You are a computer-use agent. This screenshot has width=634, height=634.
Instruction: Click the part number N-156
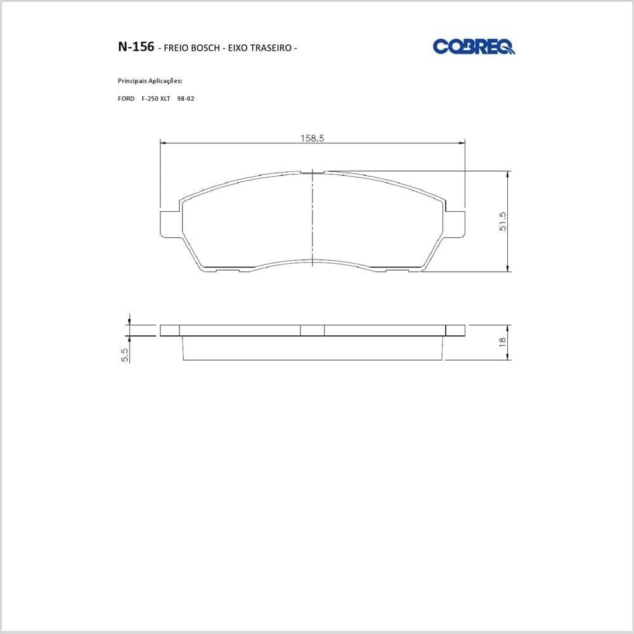pyautogui.click(x=136, y=47)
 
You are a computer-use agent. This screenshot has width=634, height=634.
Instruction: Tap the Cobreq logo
pyautogui.click(x=474, y=46)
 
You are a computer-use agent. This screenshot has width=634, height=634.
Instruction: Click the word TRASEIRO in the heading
pyautogui.click(x=271, y=48)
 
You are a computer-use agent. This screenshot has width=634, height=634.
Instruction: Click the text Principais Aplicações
pyautogui.click(x=150, y=81)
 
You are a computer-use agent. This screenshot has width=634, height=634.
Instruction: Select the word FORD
pyautogui.click(x=126, y=99)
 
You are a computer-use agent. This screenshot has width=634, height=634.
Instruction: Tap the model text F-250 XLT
pyautogui.click(x=156, y=99)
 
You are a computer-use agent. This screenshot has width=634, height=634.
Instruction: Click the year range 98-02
pyautogui.click(x=186, y=99)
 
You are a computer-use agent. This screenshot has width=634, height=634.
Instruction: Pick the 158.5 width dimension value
pyautogui.click(x=312, y=138)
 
